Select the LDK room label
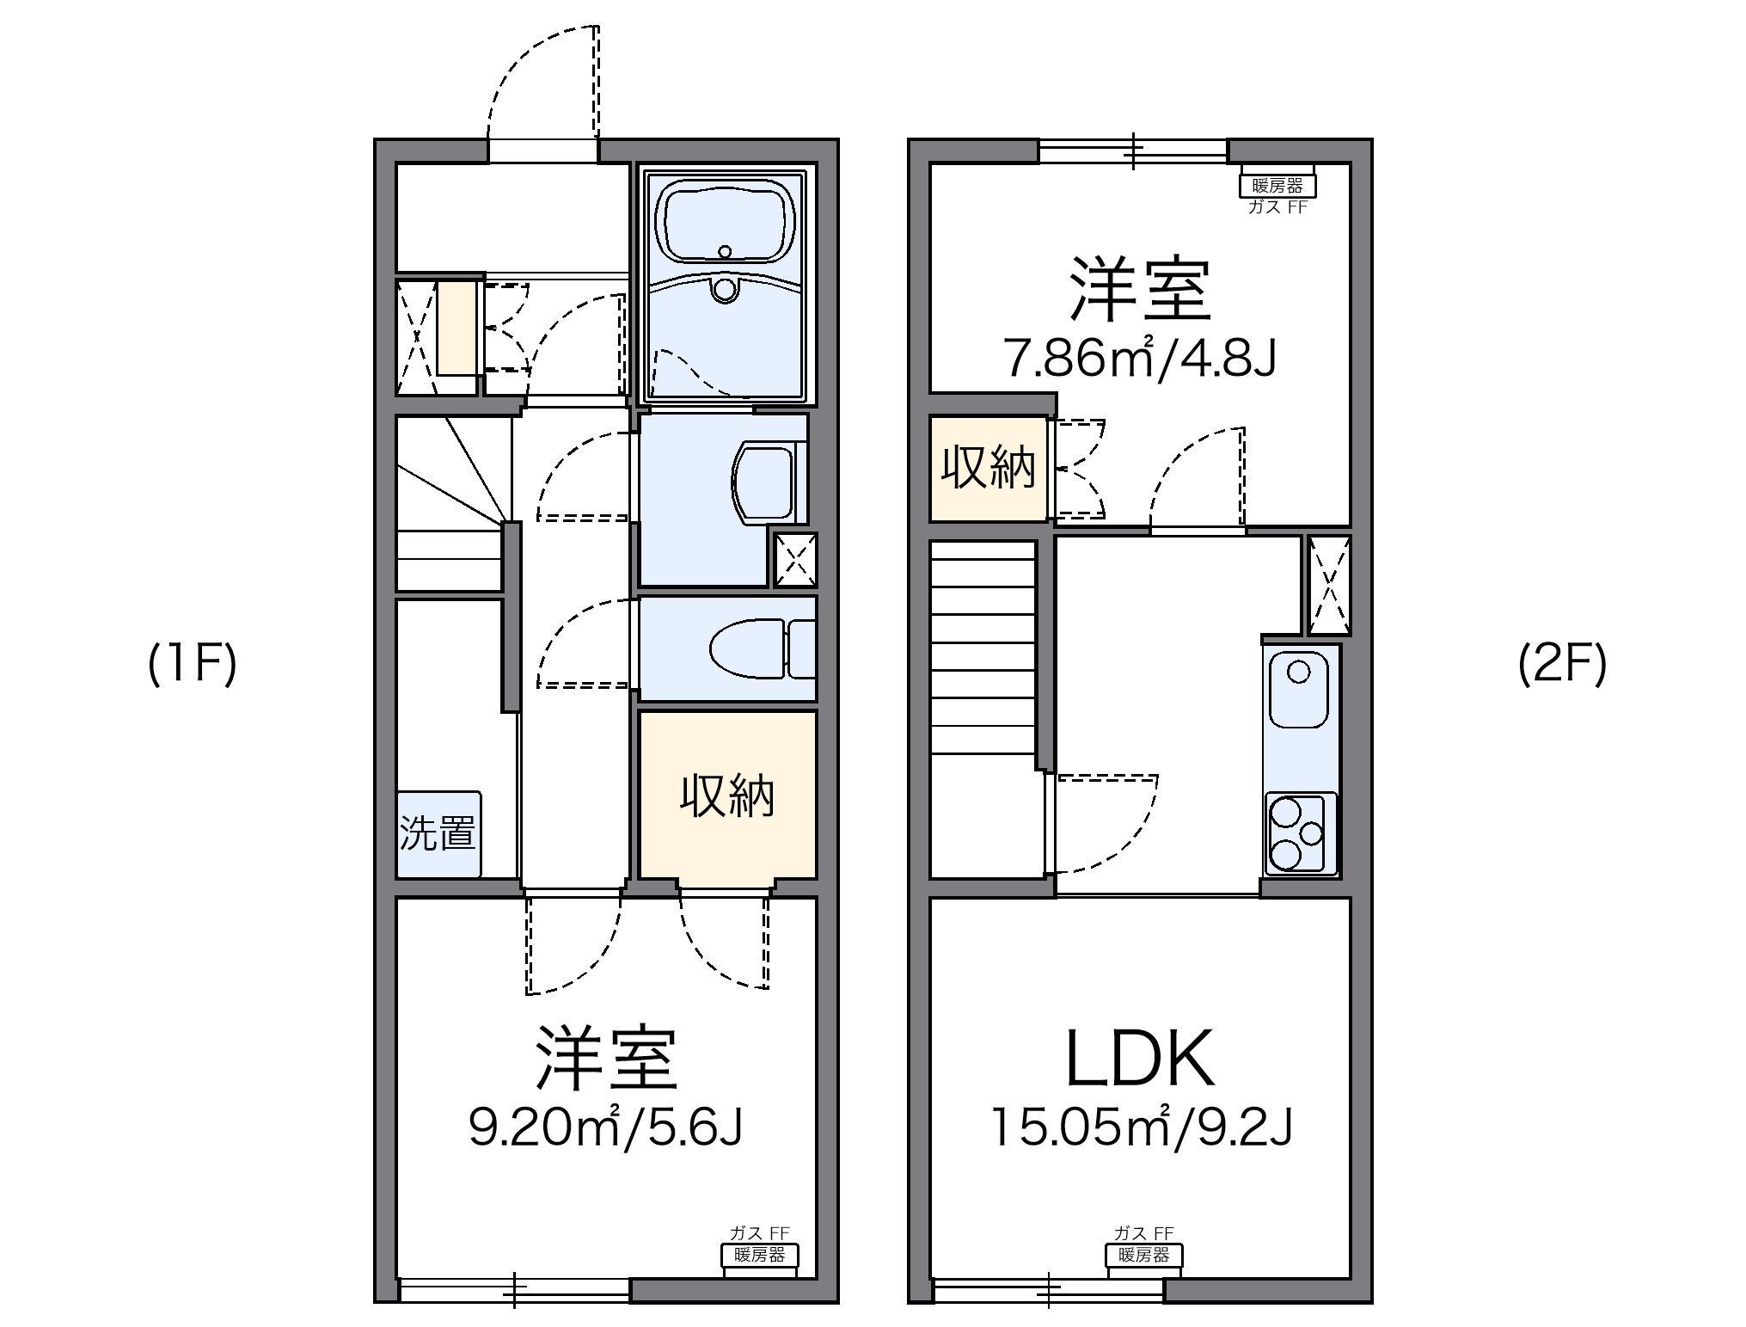click(1140, 1059)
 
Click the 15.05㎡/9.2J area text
click(1142, 1127)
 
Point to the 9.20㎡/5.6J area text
click(605, 1127)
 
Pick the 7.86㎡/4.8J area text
click(1140, 359)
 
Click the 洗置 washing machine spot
click(438, 833)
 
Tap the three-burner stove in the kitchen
click(1300, 832)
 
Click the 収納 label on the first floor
click(727, 795)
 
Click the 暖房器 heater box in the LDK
click(1143, 1256)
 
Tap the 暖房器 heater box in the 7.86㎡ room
click(1277, 185)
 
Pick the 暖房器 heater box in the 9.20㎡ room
click(758, 1256)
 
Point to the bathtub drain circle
click(725, 252)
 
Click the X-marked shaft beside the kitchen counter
click(1329, 585)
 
